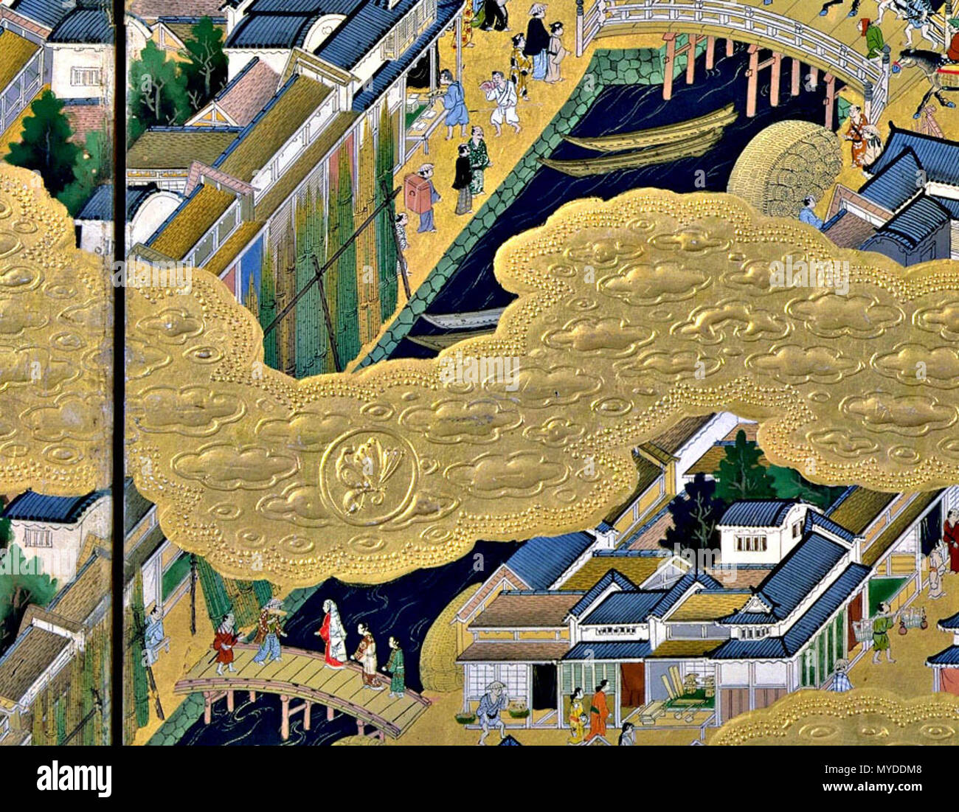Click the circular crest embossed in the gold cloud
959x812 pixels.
tap(368, 476)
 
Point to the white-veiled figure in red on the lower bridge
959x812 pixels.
tap(333, 633)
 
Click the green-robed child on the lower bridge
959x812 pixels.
tap(396, 667)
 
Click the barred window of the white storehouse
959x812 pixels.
tap(750, 543)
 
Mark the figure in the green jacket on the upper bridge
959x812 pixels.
tap(873, 36)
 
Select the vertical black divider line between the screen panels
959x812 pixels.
tap(118, 369)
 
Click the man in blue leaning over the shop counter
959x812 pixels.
tap(454, 104)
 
